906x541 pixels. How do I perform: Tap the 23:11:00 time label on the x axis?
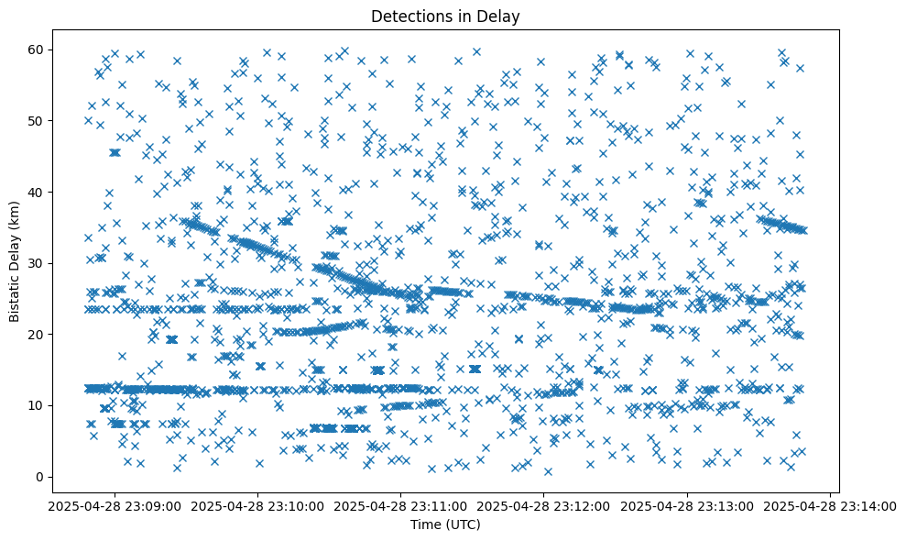[400, 505]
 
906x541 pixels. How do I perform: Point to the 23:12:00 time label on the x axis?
[544, 505]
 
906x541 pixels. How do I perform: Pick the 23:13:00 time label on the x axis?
[688, 505]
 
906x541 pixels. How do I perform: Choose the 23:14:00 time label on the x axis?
[831, 505]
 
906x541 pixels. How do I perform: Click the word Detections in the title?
[408, 16]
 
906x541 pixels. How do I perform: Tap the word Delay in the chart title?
[499, 16]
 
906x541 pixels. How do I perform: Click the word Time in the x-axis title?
[422, 524]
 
